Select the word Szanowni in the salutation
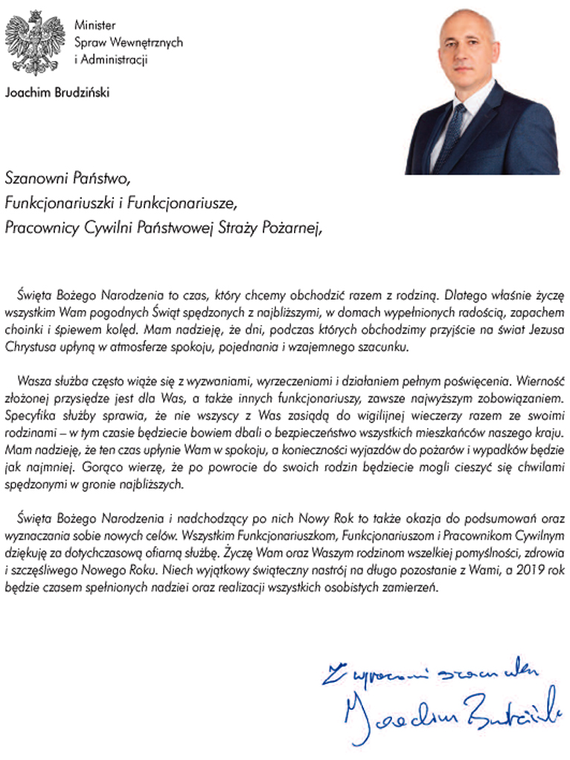pos(34,179)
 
